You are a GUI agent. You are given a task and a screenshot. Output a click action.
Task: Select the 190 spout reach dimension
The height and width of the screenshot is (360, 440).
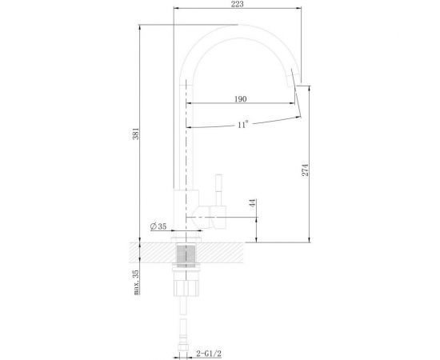[241, 99]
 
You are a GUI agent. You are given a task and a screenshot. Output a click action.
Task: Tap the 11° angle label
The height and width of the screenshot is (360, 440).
[242, 124]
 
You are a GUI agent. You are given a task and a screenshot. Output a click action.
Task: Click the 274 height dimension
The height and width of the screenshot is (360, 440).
[305, 170]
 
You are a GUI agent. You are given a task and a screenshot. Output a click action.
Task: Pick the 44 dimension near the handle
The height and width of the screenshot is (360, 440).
[252, 206]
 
